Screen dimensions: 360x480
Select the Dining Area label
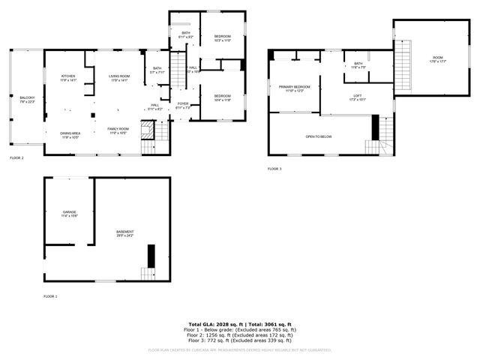pos(70,134)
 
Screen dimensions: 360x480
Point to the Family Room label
pos(118,130)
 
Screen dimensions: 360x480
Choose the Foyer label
pos(183,104)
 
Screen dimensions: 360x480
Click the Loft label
pos(358,96)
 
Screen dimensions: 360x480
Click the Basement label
pos(124,233)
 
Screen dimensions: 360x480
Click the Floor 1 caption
pos(50,297)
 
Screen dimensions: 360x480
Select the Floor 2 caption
pos(16,158)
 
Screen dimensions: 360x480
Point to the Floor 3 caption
pos(274,169)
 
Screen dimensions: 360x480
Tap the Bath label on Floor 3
pos(358,64)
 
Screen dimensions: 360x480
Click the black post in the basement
pos(151,256)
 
